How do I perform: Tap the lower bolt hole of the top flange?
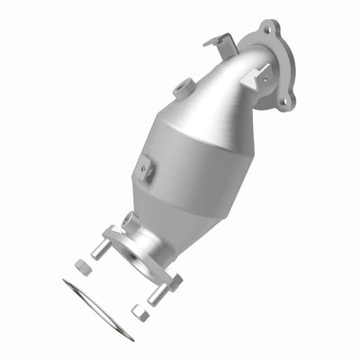point(286,102)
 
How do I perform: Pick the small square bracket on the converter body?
point(145,166)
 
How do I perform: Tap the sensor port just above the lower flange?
point(130,220)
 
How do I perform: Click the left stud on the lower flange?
point(100,250)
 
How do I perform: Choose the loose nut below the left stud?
point(81,267)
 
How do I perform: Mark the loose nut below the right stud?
point(139,312)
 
